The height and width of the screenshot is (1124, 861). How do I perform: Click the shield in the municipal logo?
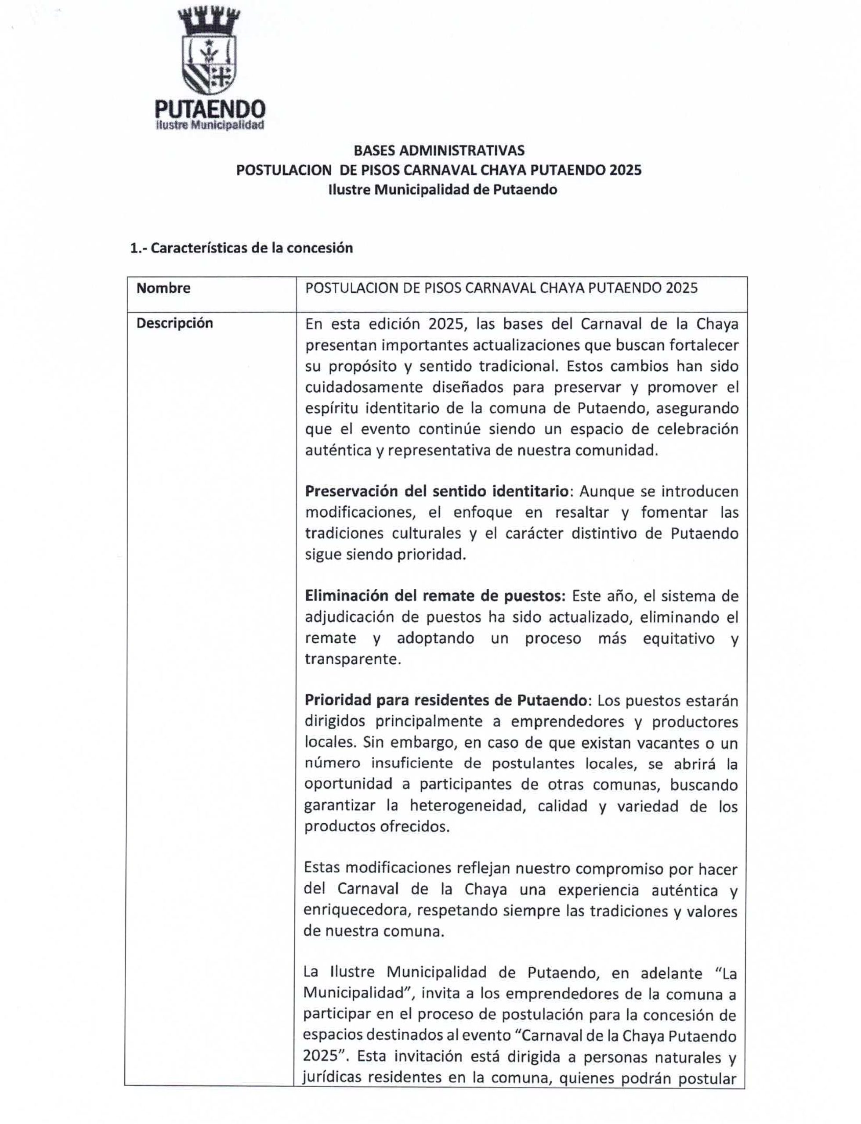pyautogui.click(x=209, y=65)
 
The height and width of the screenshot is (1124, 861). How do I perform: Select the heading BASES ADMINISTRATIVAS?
pyautogui.click(x=439, y=150)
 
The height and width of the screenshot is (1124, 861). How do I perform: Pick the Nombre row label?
pyautogui.click(x=163, y=288)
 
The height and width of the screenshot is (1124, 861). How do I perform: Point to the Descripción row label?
pyautogui.click(x=174, y=323)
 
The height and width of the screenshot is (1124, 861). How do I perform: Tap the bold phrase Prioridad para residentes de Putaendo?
pyautogui.click(x=445, y=700)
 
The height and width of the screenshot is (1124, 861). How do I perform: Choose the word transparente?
pyautogui.click(x=352, y=659)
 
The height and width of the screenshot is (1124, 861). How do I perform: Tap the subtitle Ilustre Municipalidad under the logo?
pyautogui.click(x=210, y=126)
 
